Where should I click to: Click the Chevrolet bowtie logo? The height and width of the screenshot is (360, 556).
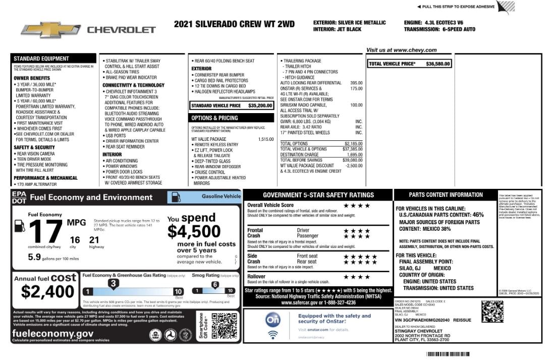50,29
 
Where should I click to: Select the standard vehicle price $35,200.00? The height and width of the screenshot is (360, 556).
260,106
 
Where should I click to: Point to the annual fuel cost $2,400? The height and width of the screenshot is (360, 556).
48,292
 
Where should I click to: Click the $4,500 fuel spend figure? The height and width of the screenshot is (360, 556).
194,231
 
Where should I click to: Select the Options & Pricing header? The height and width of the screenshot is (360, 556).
214,118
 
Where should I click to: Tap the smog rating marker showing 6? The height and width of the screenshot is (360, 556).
214,285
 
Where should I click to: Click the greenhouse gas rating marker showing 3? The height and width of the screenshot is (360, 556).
114,284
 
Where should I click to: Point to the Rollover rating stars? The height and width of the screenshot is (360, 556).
357,277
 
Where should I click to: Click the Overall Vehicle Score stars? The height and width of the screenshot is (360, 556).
357,205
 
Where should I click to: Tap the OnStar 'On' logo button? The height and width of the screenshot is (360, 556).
273,320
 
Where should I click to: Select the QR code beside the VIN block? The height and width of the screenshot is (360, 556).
492,312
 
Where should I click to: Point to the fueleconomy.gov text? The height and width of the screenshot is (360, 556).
52,334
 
